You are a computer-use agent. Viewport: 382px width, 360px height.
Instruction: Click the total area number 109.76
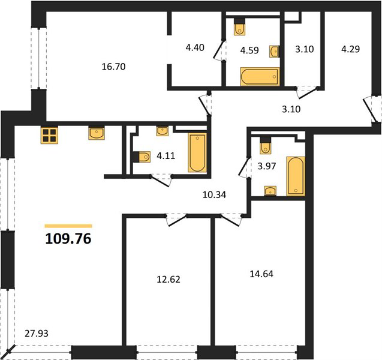click(x=68, y=239)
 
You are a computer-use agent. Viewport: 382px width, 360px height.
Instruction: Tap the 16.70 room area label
click(x=113, y=67)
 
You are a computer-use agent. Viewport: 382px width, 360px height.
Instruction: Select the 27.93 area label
click(x=37, y=333)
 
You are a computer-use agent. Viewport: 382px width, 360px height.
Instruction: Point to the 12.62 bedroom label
click(x=169, y=280)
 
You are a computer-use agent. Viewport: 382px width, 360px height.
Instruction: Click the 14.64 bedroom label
click(x=261, y=274)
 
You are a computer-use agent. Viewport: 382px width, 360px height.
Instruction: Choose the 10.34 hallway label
click(x=215, y=195)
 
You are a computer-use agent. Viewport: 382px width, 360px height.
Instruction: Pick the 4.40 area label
click(x=195, y=47)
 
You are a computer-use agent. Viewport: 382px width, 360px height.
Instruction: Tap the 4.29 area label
click(x=350, y=49)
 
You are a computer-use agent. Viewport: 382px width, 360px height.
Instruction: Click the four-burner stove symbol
click(x=49, y=135)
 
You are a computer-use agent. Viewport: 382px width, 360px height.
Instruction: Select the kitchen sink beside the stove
click(x=97, y=133)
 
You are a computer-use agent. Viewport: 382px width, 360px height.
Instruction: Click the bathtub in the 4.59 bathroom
click(x=260, y=77)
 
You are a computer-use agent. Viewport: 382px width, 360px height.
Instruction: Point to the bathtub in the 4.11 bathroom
click(x=197, y=152)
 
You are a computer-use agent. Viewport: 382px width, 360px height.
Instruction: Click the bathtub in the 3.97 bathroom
click(x=296, y=176)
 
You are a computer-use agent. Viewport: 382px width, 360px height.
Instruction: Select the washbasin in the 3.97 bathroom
click(x=270, y=191)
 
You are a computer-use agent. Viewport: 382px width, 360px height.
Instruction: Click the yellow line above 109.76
click(x=68, y=226)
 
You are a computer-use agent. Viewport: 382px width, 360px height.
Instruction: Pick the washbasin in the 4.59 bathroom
click(x=274, y=52)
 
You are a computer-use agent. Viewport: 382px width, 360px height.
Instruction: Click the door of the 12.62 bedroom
click(x=176, y=220)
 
